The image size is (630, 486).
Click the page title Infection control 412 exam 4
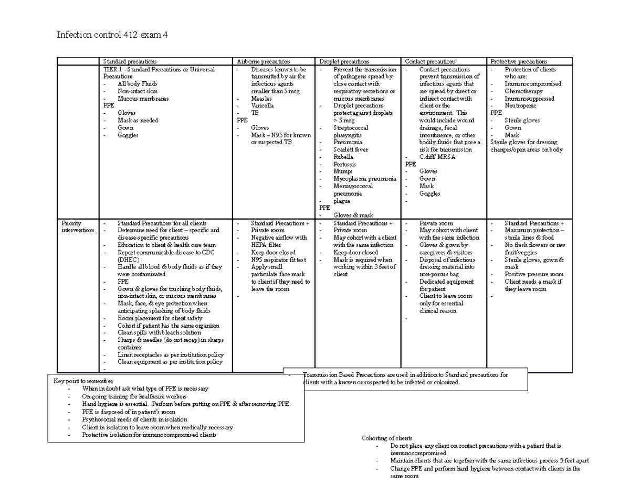[x=112, y=35]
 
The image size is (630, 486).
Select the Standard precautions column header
[x=130, y=61]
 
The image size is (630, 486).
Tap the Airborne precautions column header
[x=263, y=61]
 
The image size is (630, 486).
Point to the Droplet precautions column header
[x=344, y=61]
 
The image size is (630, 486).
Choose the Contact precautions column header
[x=430, y=61]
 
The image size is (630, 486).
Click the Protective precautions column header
[x=519, y=61]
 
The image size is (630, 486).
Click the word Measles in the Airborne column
[x=261, y=98]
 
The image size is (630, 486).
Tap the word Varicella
[x=262, y=105]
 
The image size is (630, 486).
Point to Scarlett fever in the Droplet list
[x=351, y=149]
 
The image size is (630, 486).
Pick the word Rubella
[x=343, y=157]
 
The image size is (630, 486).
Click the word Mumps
[x=343, y=171]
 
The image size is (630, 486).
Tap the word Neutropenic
[x=520, y=105]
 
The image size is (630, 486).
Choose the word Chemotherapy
[x=524, y=91]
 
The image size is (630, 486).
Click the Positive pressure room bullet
[x=534, y=274]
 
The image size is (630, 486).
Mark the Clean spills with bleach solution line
[x=159, y=332]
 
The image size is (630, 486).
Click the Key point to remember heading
[x=83, y=381]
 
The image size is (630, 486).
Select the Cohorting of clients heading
[x=387, y=438]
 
